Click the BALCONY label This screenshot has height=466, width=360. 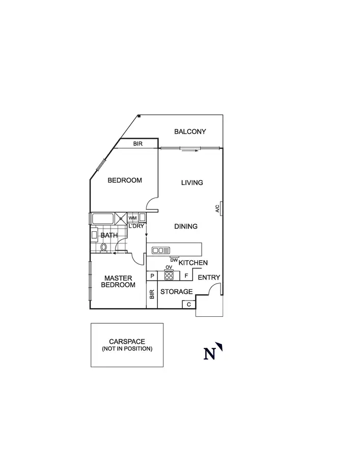190,131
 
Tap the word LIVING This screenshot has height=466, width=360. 192,182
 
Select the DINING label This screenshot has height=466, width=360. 186,226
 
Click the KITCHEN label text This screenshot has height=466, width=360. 193,263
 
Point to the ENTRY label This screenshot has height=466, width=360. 209,278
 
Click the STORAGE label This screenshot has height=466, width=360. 177,292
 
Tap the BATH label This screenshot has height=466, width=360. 109,235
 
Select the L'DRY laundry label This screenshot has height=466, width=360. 136,226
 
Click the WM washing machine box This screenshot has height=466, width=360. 132,218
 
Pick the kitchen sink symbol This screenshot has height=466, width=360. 161,250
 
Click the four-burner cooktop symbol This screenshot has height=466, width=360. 169,276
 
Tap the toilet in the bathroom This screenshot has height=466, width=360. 104,248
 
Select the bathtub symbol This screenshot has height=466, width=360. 103,219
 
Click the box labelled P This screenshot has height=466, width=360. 152,276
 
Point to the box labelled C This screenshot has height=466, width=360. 188,305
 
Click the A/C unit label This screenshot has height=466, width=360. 217,208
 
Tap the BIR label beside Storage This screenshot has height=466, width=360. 152,294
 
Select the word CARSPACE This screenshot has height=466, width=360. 127,342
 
